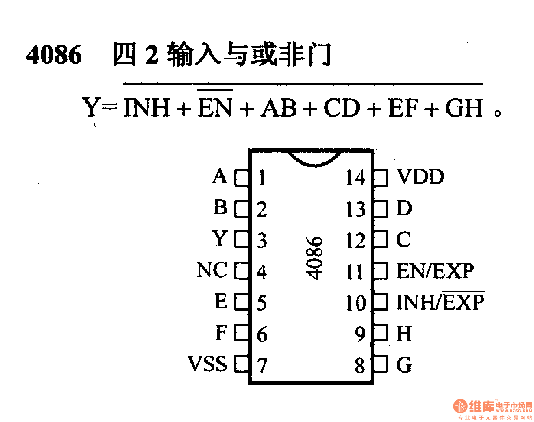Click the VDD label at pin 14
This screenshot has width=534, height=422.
point(420,177)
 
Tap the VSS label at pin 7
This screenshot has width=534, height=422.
point(207,364)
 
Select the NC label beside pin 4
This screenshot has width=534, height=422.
point(212,271)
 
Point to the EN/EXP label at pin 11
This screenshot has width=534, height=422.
point(435,271)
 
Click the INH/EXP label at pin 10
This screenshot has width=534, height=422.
point(440,302)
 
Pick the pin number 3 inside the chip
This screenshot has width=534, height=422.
point(261,240)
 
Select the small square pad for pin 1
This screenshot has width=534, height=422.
point(242,178)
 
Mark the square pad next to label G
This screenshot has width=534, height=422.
point(380,364)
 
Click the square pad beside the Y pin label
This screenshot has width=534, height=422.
point(242,240)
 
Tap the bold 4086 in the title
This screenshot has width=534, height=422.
point(54,55)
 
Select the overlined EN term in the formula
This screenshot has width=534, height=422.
point(215,108)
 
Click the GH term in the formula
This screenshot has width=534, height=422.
point(464,108)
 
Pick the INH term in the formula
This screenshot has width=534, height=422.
point(147,108)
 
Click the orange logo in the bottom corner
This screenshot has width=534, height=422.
point(461,406)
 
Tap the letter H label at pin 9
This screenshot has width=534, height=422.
point(404,333)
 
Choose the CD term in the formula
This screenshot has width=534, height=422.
point(342,108)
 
